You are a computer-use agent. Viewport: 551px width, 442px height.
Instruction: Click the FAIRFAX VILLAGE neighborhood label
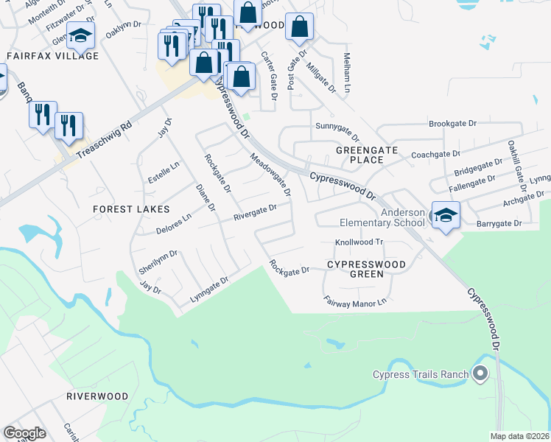click(52, 56)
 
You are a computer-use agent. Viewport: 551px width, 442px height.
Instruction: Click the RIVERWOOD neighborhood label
click(98, 396)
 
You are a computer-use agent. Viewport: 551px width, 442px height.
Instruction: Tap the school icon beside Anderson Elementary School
click(446, 216)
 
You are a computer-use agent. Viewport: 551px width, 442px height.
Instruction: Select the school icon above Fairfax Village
click(80, 34)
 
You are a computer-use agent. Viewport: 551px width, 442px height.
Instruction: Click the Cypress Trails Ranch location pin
click(481, 374)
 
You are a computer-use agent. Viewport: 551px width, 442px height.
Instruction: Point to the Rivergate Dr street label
click(255, 212)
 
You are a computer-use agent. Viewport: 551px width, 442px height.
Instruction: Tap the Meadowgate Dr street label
click(270, 175)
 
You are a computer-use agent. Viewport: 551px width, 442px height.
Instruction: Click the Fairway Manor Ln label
click(355, 302)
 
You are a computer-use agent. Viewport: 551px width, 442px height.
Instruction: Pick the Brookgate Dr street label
click(454, 124)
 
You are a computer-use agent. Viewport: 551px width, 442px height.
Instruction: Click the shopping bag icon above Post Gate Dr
click(299, 27)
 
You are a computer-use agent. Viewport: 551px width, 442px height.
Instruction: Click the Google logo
click(25, 432)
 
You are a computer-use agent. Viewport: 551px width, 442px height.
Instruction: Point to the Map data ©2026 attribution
click(520, 436)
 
